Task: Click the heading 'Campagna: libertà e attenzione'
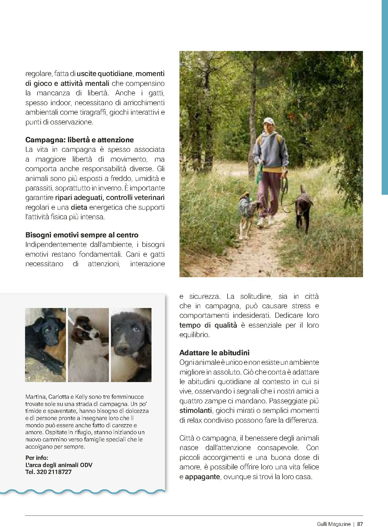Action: click(x=80, y=140)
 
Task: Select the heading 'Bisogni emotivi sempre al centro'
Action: click(x=82, y=235)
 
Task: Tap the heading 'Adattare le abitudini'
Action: click(x=214, y=353)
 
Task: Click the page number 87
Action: click(x=360, y=516)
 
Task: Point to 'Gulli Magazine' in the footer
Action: click(x=334, y=516)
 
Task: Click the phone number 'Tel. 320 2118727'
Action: click(x=48, y=472)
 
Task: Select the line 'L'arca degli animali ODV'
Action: click(x=59, y=465)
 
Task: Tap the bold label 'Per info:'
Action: click(x=37, y=458)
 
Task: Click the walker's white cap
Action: click(x=268, y=120)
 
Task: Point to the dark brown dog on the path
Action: click(x=302, y=207)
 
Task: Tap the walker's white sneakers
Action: click(x=266, y=221)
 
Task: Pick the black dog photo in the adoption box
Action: click(x=45, y=345)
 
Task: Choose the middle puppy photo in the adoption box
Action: click(x=88, y=345)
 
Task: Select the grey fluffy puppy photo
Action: click(x=131, y=345)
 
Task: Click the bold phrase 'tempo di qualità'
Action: click(x=208, y=325)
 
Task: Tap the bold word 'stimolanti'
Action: click(x=195, y=410)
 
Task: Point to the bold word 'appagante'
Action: click(x=202, y=477)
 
